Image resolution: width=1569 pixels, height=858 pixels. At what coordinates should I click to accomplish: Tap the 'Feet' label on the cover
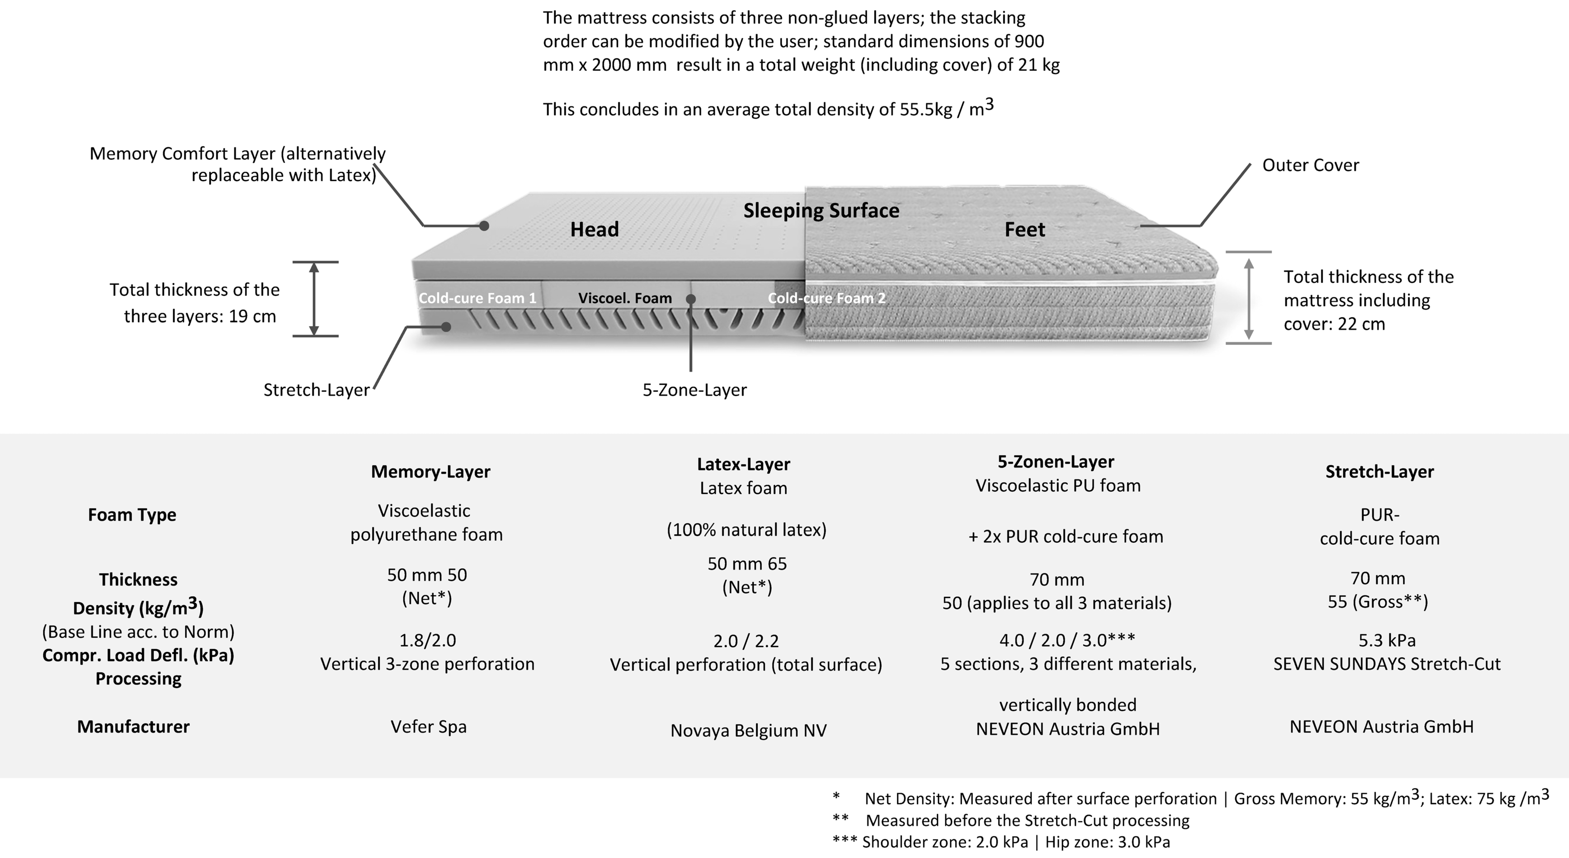coord(1025,230)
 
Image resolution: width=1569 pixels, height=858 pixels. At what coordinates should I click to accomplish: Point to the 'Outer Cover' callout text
coord(1310,165)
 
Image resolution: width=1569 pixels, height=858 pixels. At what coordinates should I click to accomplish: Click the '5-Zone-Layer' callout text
coord(694,390)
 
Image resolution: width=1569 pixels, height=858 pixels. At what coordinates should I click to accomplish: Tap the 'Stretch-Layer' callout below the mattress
coord(316,390)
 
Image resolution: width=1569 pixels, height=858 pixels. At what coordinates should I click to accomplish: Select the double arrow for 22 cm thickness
coord(1248,299)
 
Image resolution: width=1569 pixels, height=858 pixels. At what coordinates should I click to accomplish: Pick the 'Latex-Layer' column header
coord(743,464)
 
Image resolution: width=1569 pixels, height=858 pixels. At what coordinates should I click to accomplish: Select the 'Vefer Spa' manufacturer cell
coord(428,726)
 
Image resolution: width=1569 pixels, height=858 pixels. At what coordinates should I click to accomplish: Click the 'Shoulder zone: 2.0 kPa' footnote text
coord(944,842)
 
